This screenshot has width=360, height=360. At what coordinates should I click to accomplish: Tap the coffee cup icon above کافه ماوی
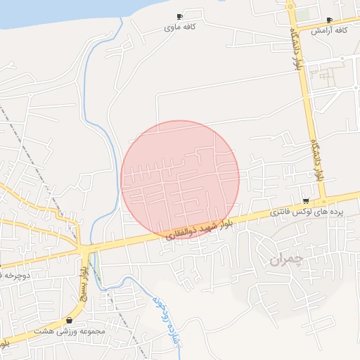click(179, 16)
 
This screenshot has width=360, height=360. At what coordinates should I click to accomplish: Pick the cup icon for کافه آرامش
click(330, 20)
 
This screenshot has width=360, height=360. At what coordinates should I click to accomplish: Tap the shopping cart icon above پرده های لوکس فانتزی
click(305, 200)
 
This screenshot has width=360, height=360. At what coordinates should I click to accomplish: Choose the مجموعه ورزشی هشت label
click(69, 330)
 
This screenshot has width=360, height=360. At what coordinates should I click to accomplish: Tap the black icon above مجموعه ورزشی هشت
click(69, 320)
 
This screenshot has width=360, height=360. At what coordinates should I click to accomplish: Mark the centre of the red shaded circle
click(180, 179)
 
